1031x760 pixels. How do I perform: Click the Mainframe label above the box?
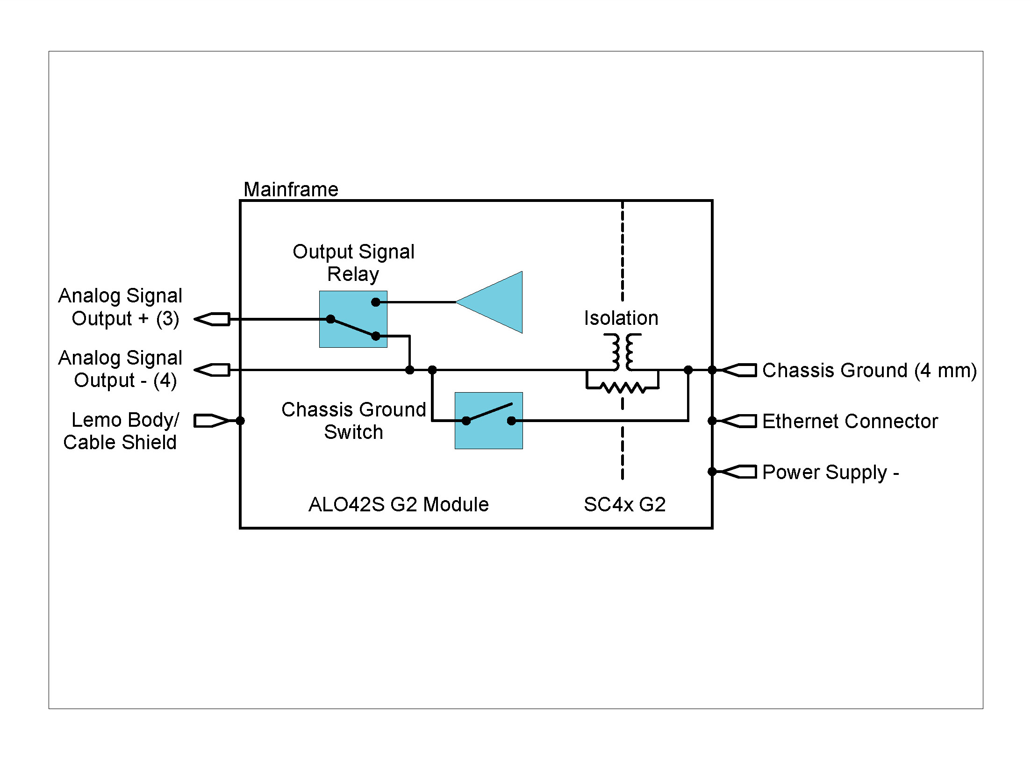click(291, 189)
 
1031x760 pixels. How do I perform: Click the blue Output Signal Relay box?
click(353, 319)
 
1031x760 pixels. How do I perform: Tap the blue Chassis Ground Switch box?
click(488, 421)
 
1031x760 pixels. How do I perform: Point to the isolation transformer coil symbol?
click(623, 351)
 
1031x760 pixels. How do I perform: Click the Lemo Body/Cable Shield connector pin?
click(211, 421)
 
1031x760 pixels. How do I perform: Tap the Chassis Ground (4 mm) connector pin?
click(739, 370)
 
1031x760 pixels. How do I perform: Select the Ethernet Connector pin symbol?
click(739, 421)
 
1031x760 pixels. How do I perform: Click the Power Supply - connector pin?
click(739, 472)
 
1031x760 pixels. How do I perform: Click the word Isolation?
click(621, 318)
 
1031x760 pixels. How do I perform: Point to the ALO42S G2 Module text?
click(398, 505)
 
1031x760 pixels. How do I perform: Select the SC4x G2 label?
click(624, 505)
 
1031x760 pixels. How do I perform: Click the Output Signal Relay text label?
click(353, 263)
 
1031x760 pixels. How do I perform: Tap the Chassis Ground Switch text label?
click(353, 421)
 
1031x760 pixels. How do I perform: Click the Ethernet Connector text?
click(850, 421)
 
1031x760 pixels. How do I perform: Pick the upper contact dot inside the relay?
click(376, 302)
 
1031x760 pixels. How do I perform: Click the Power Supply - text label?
click(830, 472)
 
